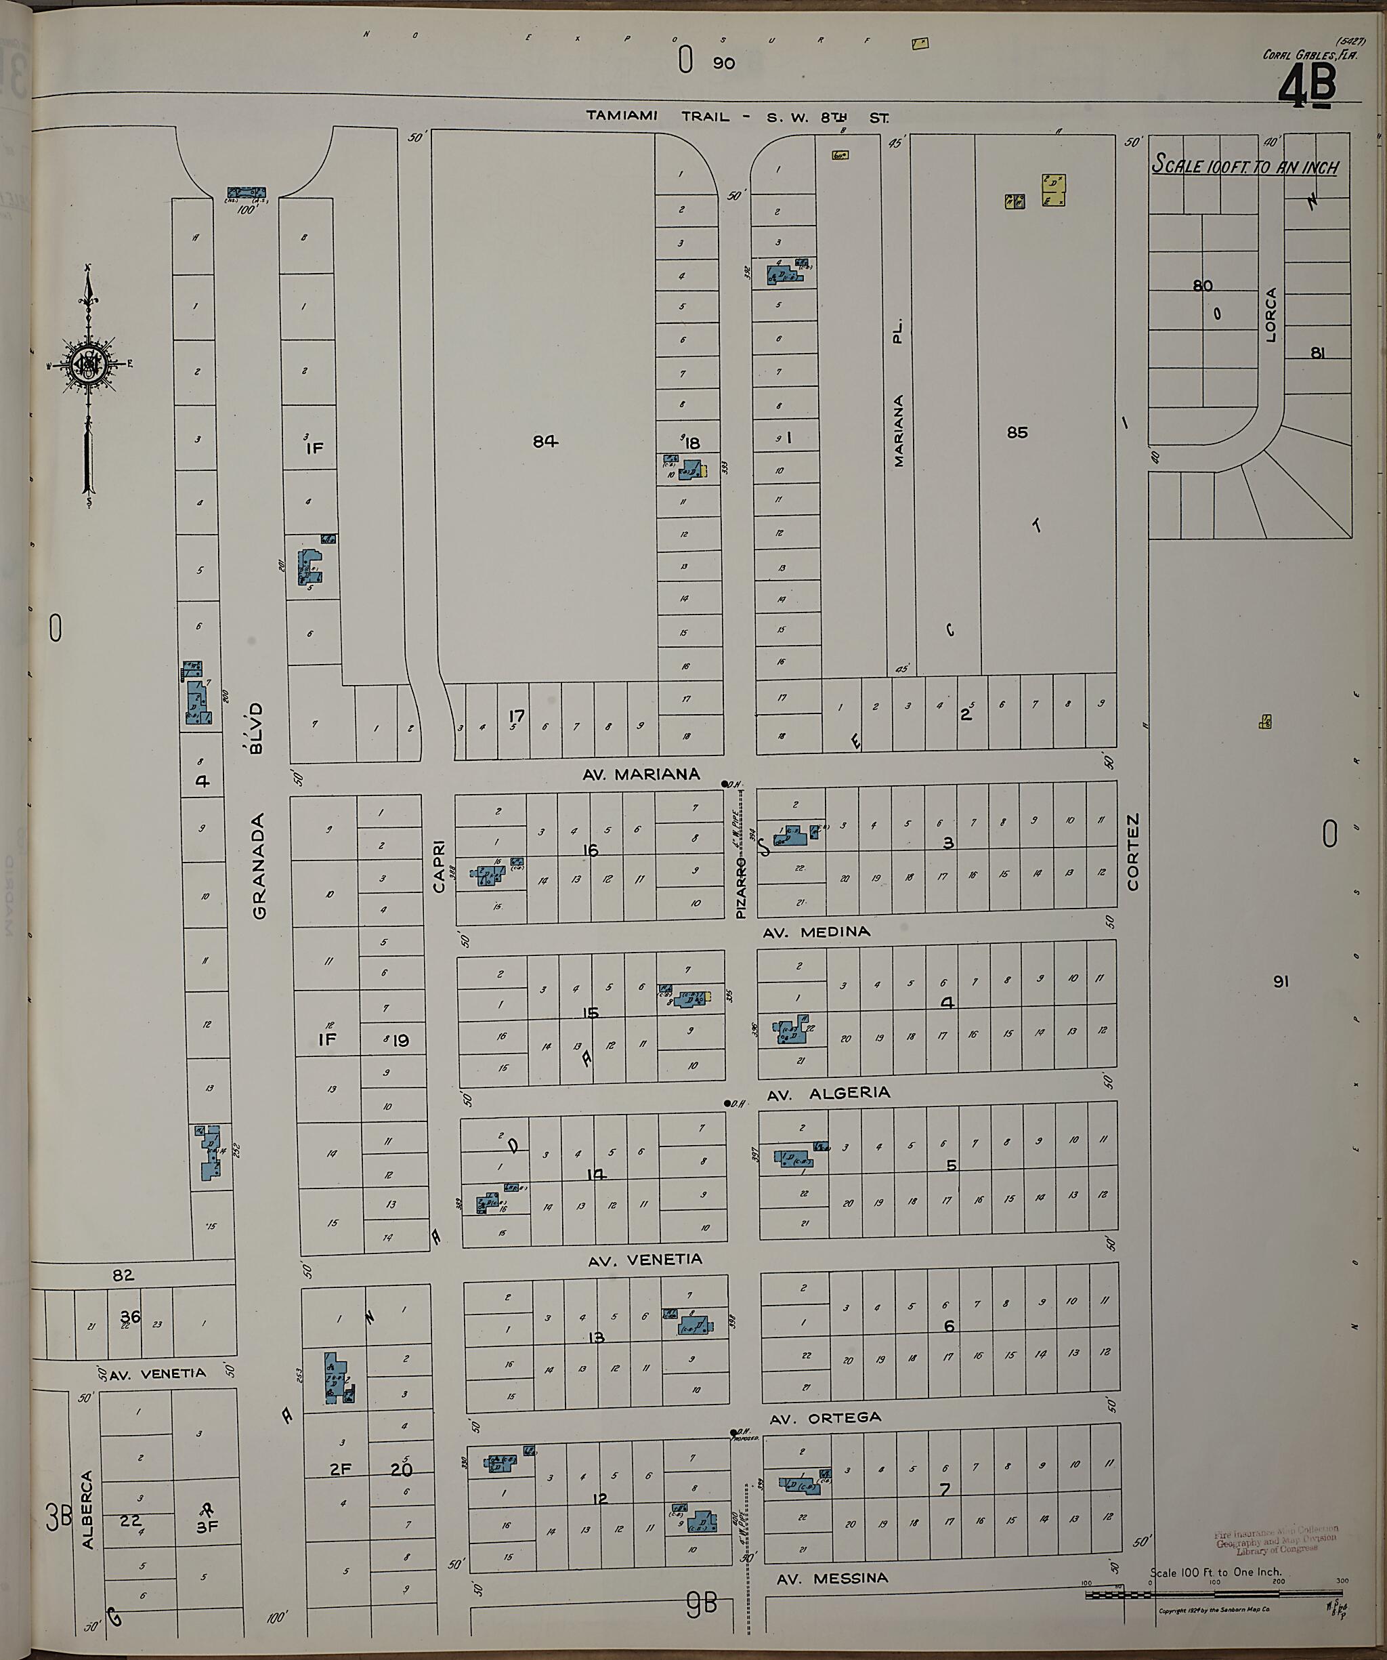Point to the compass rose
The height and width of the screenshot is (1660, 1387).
pos(87,365)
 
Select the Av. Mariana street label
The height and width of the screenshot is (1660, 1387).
pos(641,774)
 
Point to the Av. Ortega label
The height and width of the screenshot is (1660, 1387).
pos(825,1418)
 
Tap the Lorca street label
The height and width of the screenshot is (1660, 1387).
pos(1271,314)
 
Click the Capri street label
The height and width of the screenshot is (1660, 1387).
pos(440,867)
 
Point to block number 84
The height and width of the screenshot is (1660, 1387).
pos(545,442)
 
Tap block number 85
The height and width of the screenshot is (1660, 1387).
pos(1017,432)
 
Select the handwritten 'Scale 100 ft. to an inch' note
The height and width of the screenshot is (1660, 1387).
pos(1244,166)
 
